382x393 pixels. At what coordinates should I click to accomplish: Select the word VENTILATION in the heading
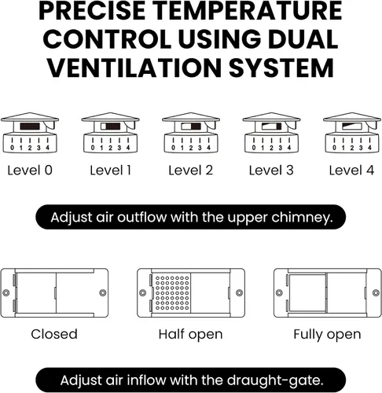pyautogui.click(x=135, y=68)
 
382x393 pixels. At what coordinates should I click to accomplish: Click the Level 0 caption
pyautogui.click(x=30, y=171)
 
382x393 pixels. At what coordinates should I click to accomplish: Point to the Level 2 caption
pyautogui.click(x=190, y=171)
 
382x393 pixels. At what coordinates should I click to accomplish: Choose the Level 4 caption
pyautogui.click(x=351, y=171)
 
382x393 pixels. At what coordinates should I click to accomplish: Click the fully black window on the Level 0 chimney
pyautogui.click(x=30, y=127)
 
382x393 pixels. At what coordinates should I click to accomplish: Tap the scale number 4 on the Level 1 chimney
pyautogui.click(x=128, y=148)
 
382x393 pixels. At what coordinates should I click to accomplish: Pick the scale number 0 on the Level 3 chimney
pyautogui.click(x=254, y=148)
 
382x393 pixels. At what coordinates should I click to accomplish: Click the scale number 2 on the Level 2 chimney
pyautogui.click(x=191, y=148)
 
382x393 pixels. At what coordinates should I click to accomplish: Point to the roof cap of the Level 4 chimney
pyautogui.click(x=352, y=117)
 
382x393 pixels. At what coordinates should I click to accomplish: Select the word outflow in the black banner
pyautogui.click(x=141, y=217)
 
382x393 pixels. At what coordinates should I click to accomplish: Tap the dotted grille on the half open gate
pyautogui.click(x=172, y=293)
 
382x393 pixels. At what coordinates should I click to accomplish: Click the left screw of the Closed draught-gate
pyautogui.click(x=6, y=292)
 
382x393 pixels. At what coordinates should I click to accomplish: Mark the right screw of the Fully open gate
pyautogui.click(x=376, y=292)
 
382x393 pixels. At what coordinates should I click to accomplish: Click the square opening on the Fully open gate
pyautogui.click(x=307, y=293)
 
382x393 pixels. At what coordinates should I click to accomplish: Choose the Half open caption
pyautogui.click(x=190, y=334)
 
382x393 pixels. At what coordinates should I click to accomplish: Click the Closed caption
pyautogui.click(x=54, y=334)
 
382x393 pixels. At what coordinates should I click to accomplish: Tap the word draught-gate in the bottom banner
pyautogui.click(x=275, y=380)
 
